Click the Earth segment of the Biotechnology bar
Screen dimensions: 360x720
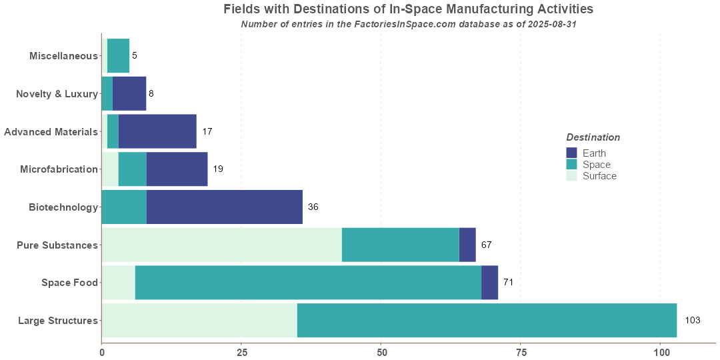(224, 207)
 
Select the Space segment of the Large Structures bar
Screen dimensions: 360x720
(487, 321)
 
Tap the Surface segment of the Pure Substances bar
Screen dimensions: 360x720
(221, 245)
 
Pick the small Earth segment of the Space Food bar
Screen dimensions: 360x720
(489, 283)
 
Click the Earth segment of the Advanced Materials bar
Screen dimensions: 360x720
(157, 131)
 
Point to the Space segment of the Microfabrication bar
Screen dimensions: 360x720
(133, 169)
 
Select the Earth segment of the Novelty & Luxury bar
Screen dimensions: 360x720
(129, 93)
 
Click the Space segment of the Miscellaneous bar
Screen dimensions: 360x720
(118, 55)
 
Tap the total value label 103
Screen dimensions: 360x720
(692, 321)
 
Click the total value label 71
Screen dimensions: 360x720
(508, 283)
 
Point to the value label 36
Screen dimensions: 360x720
(313, 207)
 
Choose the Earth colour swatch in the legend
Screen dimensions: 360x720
(571, 153)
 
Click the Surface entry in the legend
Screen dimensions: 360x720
(599, 176)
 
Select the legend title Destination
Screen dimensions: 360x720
(593, 137)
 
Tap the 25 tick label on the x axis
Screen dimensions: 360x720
(241, 352)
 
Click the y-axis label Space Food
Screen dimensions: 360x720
(69, 283)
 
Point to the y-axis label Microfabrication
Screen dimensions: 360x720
(59, 169)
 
